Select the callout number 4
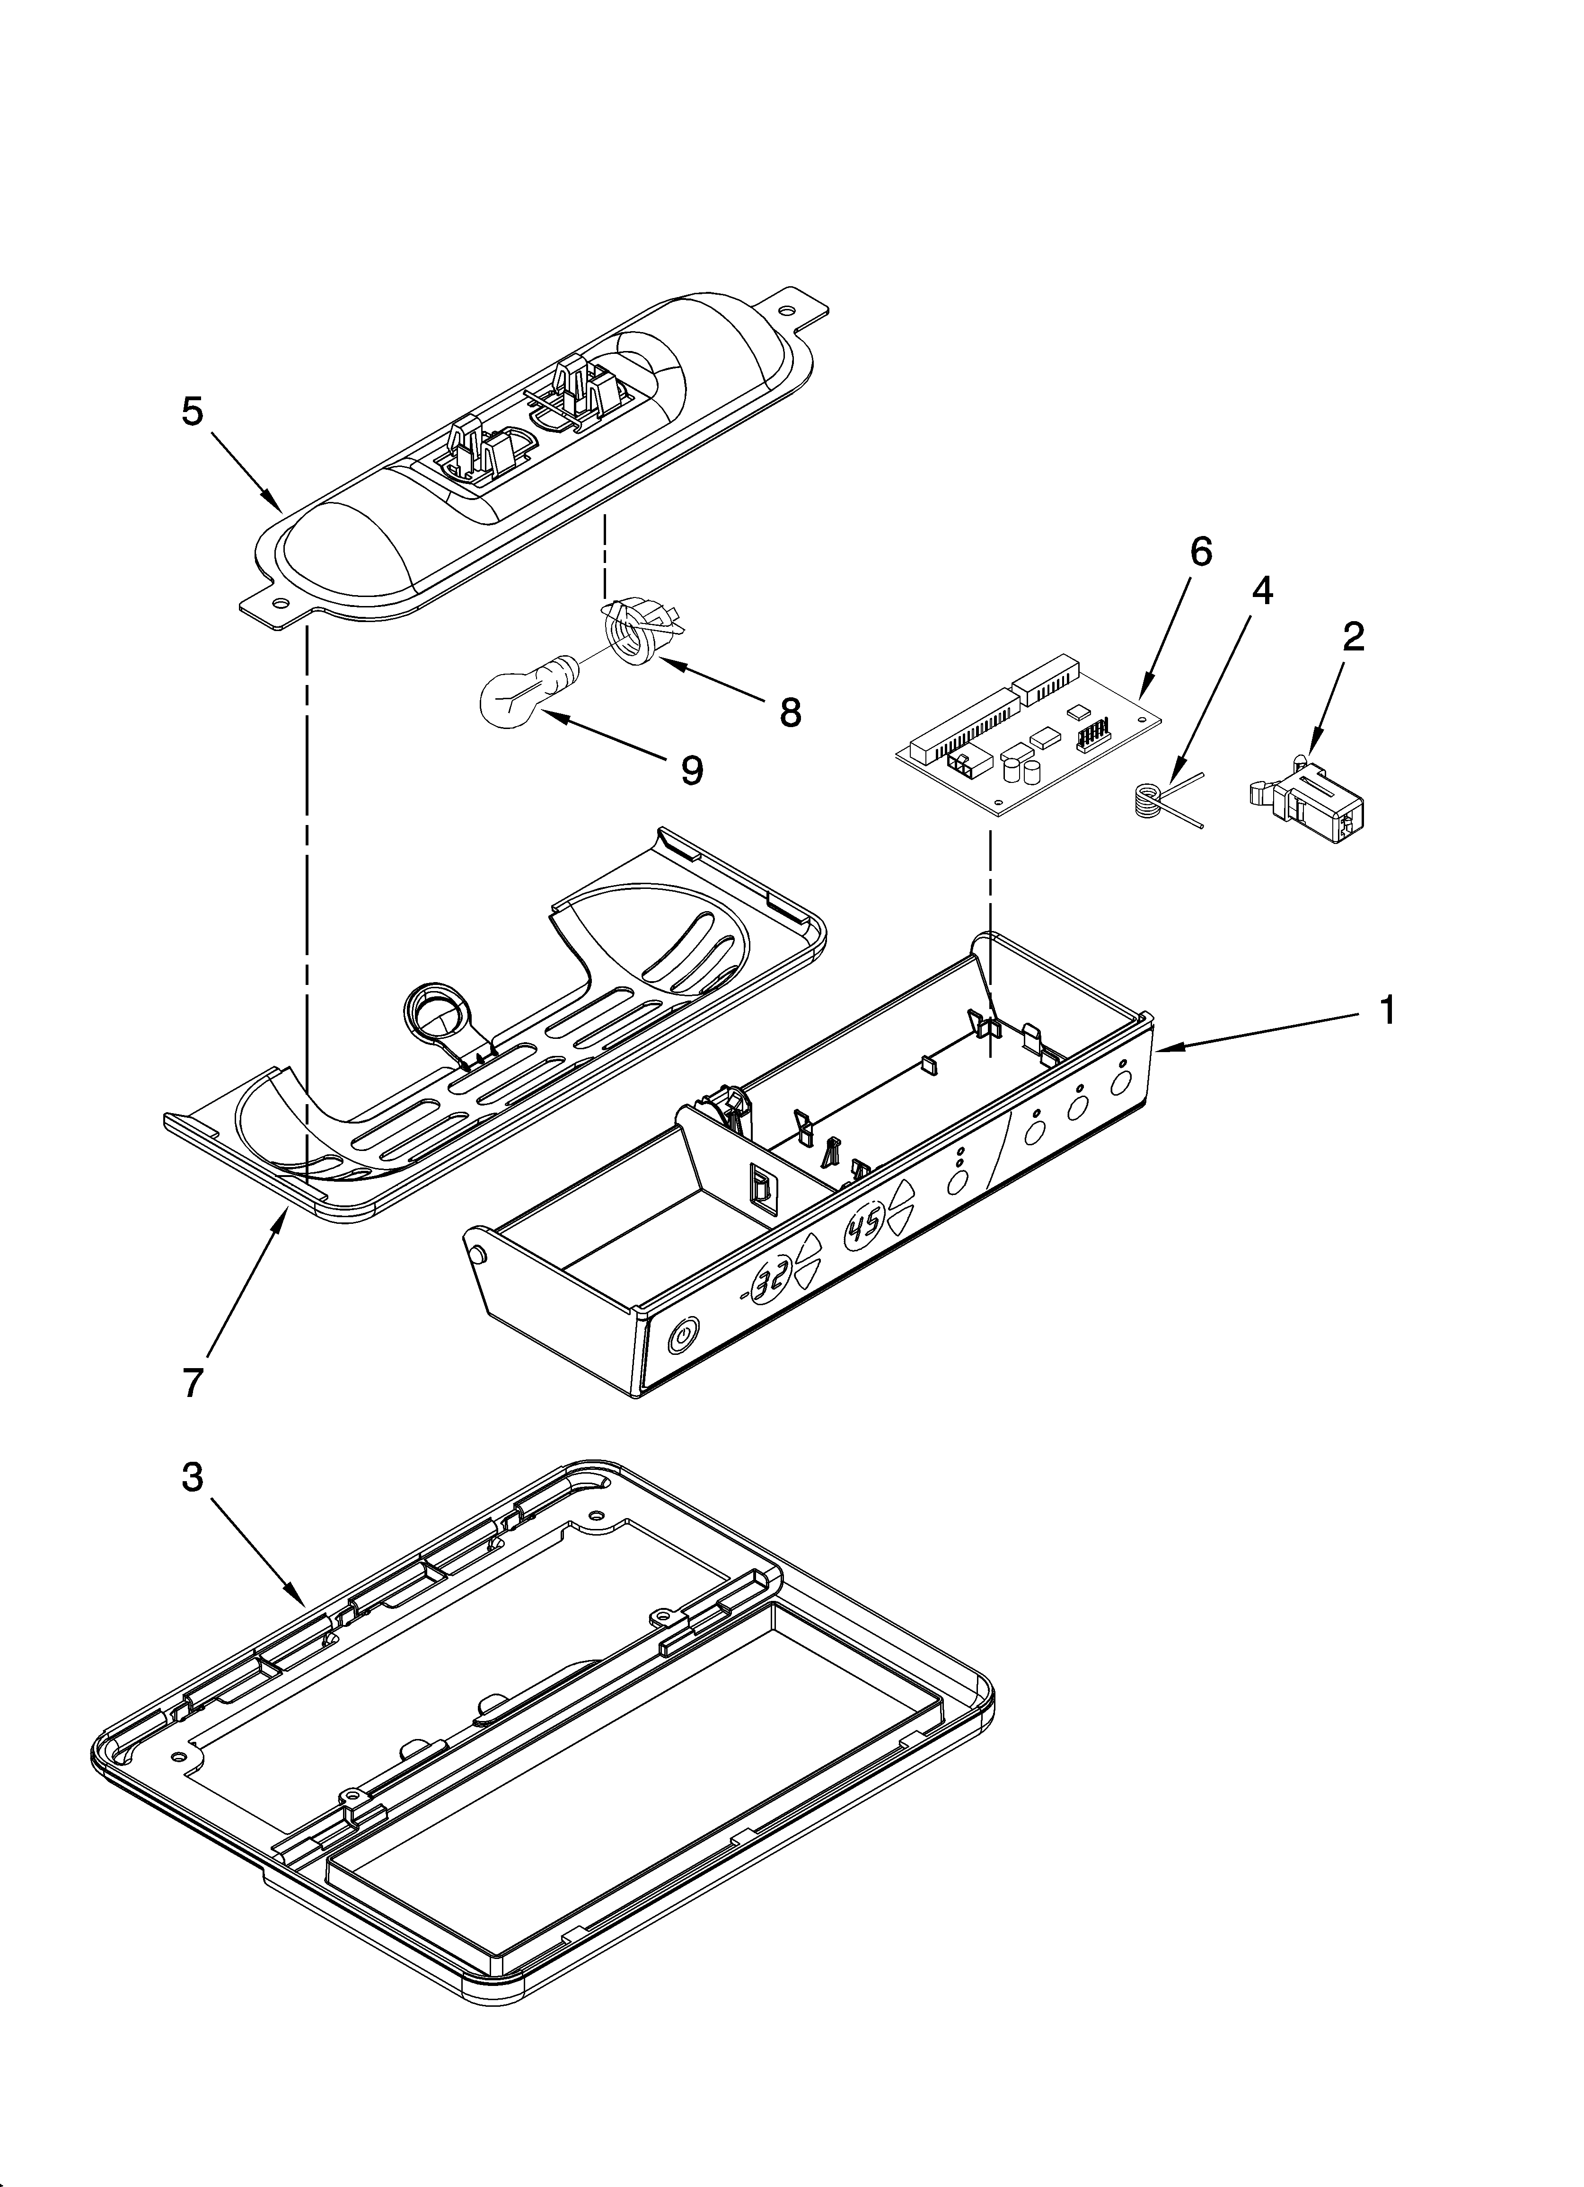(1261, 590)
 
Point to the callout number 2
(1354, 636)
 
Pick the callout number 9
(692, 770)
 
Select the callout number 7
(193, 1383)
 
